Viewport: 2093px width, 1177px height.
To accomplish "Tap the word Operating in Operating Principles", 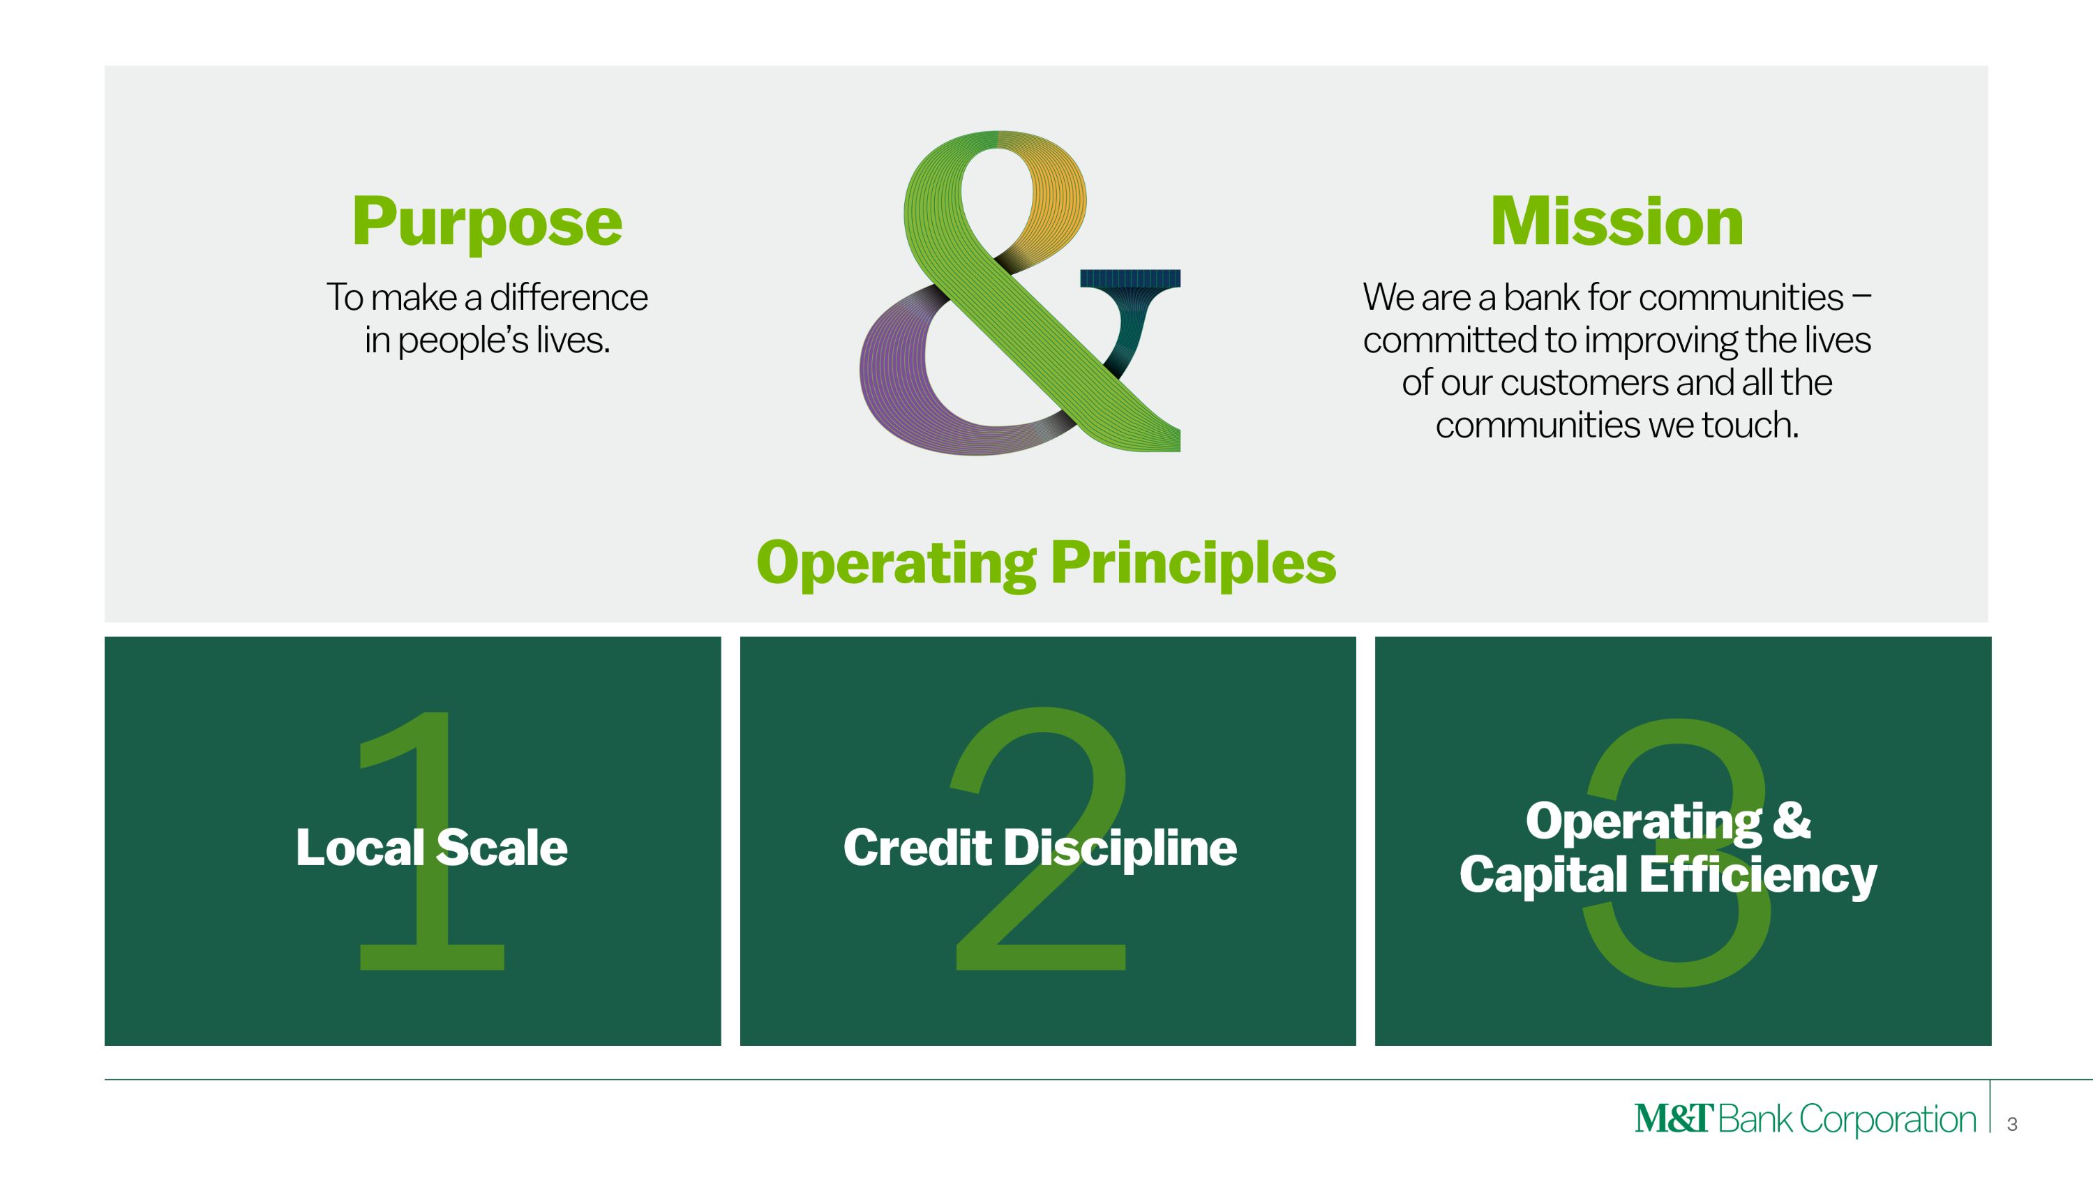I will point(895,563).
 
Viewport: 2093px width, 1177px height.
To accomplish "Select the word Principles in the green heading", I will point(1193,563).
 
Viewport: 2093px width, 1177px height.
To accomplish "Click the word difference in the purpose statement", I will point(568,297).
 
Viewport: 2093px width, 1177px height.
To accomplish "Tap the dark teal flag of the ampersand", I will point(1130,280).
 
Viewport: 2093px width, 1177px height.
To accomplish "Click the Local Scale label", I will point(431,847).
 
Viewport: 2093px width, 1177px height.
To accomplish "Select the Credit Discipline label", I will point(1040,847).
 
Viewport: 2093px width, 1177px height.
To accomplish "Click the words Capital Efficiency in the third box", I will point(1667,875).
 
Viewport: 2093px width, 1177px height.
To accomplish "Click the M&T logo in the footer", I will point(1674,1118).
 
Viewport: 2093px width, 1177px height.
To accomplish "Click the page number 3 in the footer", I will point(2012,1124).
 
